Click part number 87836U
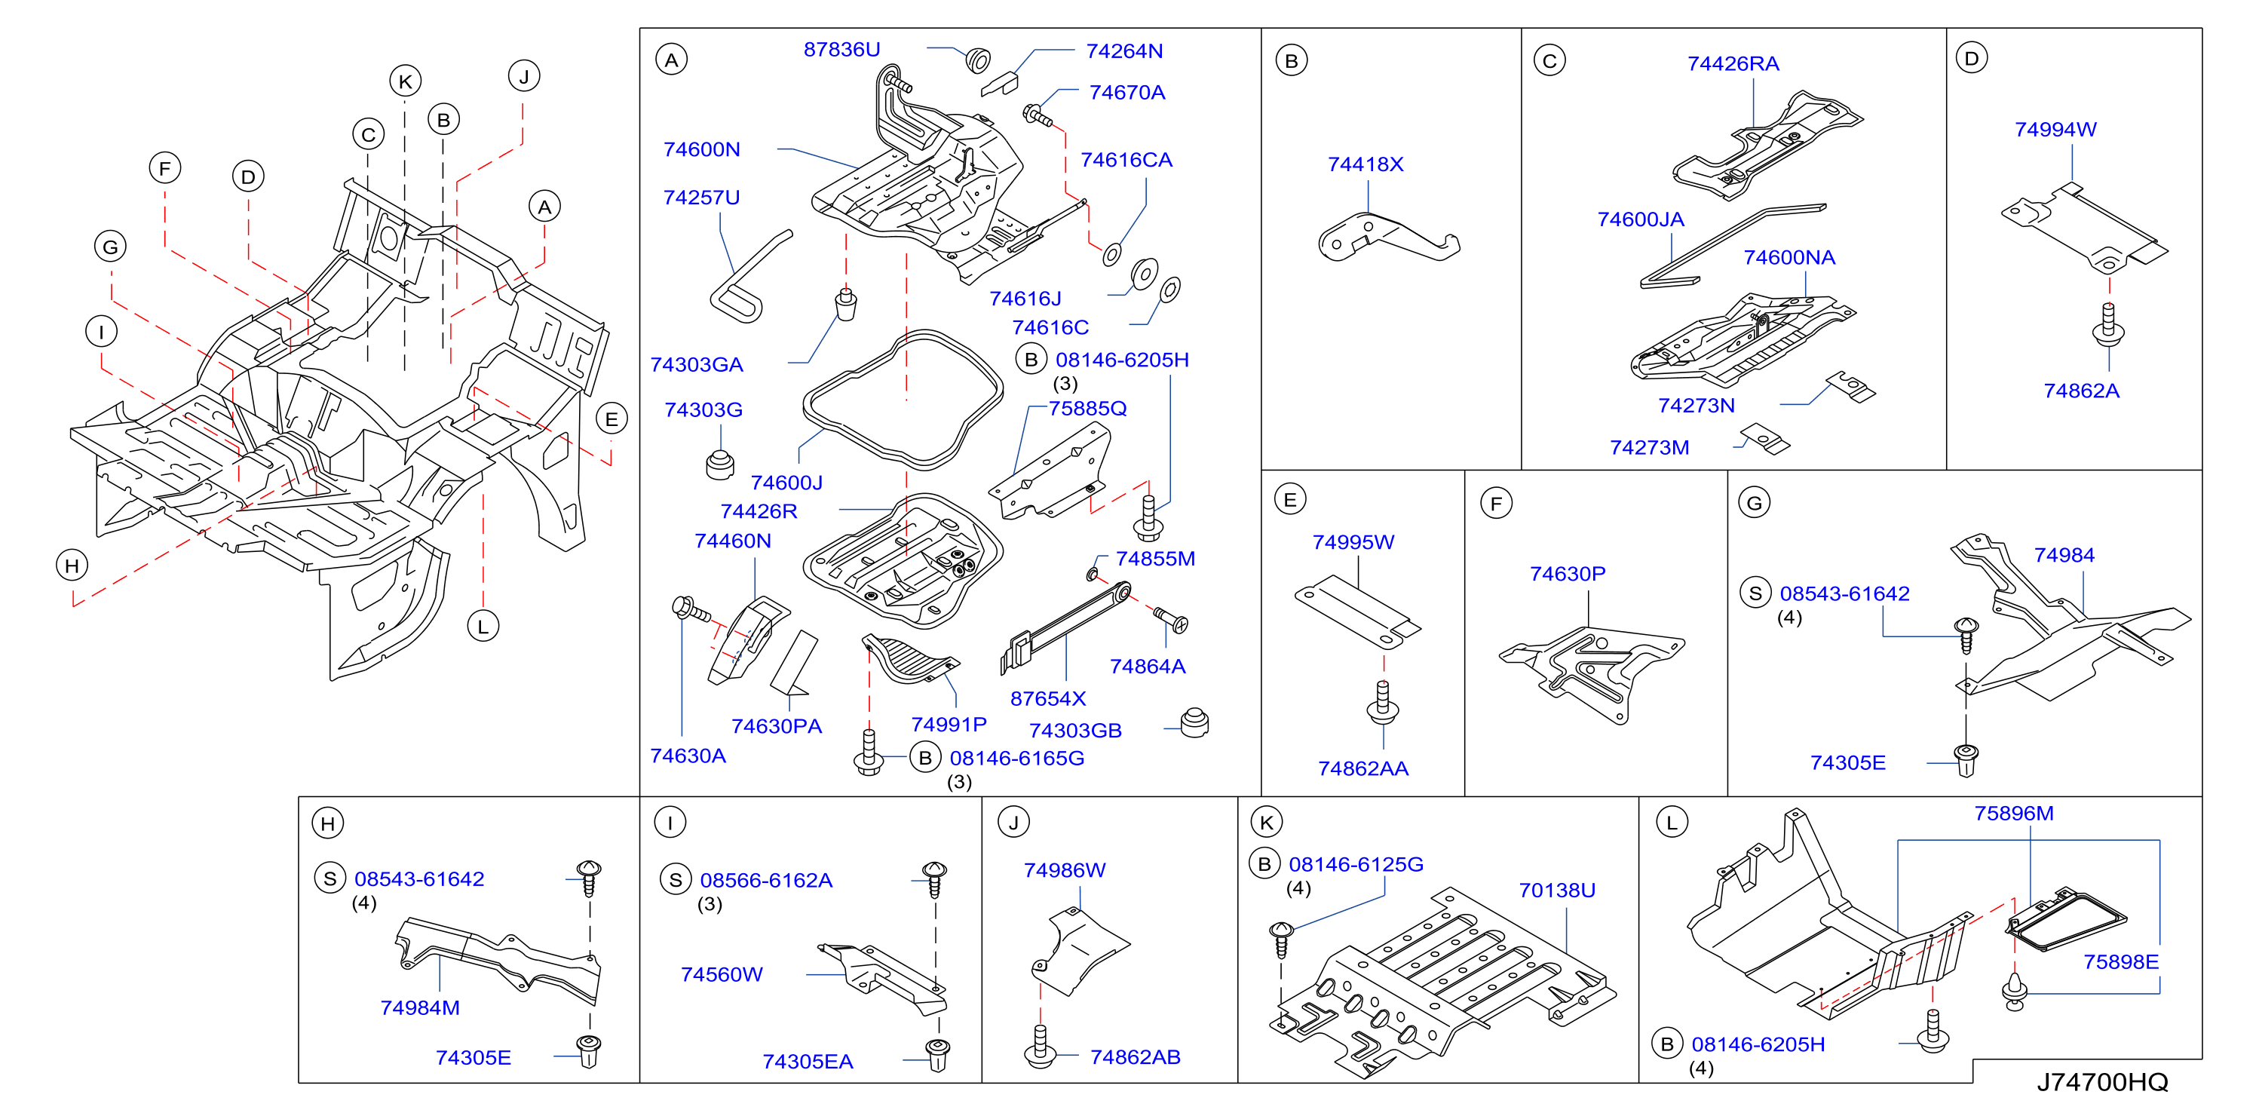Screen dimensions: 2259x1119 point(842,50)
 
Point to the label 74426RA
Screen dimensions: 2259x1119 point(1733,64)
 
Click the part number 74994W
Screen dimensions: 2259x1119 point(2055,130)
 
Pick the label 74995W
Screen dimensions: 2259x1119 point(1353,543)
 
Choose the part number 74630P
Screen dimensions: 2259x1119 point(1568,575)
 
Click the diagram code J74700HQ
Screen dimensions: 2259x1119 point(2102,1082)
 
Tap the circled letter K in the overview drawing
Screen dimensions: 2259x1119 point(405,81)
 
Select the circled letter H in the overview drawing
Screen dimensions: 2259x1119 point(72,566)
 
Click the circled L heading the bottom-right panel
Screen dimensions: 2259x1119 point(1672,823)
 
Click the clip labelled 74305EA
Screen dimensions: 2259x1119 point(937,1055)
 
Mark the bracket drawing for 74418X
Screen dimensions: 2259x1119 point(1388,238)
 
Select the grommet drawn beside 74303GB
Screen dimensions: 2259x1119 point(1194,722)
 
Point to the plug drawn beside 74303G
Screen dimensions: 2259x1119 point(720,464)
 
